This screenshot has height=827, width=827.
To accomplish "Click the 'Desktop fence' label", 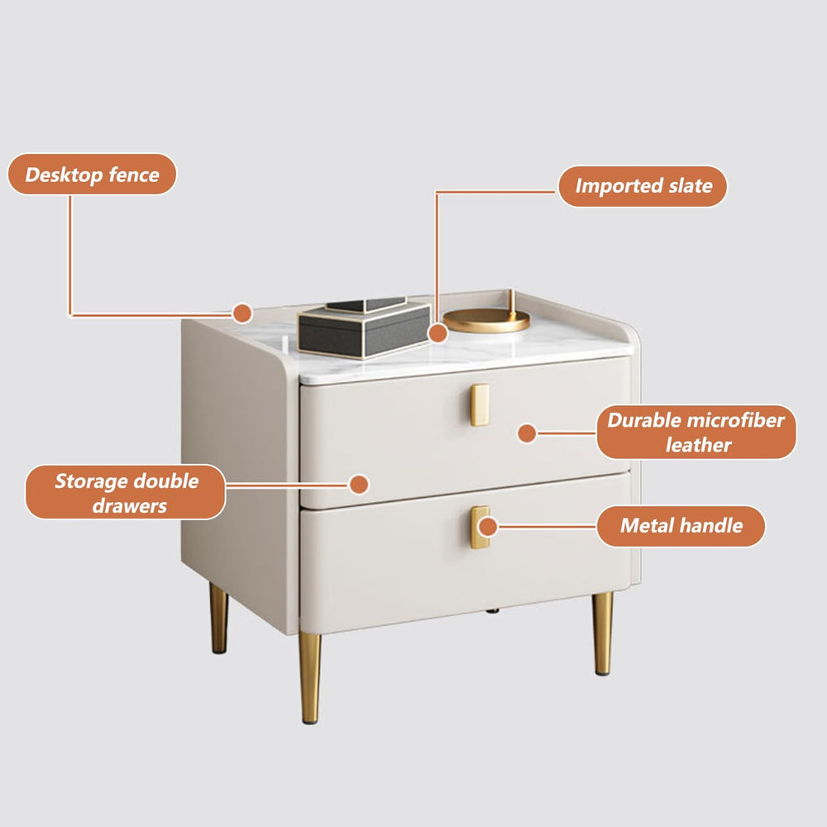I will point(92,174).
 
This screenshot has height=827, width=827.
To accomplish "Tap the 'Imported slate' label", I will point(643,186).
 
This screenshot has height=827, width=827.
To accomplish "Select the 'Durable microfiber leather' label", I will point(696,432).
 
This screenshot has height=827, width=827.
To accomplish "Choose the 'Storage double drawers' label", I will point(126,492).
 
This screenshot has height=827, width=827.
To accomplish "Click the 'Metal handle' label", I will point(681,526).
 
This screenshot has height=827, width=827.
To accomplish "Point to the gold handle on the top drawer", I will point(480,404).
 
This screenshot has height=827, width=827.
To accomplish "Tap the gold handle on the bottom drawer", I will point(479,527).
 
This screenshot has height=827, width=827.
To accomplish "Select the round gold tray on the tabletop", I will point(486,320).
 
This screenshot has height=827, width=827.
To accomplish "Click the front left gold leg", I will point(310,676).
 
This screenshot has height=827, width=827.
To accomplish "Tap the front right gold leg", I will point(604,633).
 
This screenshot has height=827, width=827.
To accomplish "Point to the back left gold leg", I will point(218,618).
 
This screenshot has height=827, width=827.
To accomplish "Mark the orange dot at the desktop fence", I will point(241,313).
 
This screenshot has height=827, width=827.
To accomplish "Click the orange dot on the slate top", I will point(437,333).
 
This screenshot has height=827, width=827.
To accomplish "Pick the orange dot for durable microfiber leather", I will point(527,432).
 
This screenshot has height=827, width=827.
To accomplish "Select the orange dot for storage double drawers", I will point(358,484).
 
